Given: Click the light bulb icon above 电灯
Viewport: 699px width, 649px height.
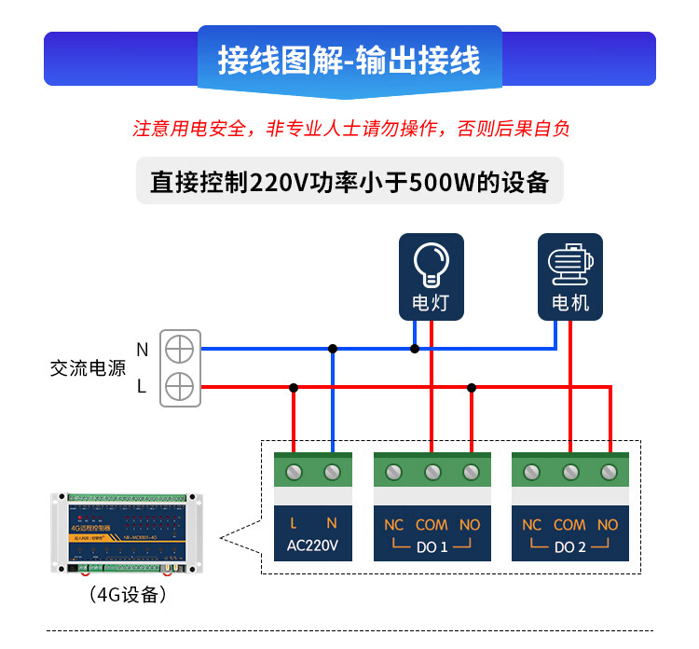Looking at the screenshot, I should coord(431,264).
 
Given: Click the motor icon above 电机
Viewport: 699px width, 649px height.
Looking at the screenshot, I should coord(569,264).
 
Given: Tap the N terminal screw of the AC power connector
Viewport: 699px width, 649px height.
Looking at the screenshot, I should coord(179,349).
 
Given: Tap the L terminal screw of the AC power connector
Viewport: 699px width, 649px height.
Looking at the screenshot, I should coord(179,385).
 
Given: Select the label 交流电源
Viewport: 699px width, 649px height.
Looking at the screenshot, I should coord(88,368).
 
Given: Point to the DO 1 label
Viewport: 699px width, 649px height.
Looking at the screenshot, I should coord(431,547).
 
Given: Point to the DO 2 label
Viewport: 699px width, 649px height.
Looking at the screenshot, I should coord(569,547).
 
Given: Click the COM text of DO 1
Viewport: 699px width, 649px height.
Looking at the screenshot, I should coord(432,525).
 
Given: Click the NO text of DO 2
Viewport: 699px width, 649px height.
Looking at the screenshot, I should coord(608,525).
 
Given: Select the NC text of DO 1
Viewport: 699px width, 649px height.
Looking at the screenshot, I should coord(394,525).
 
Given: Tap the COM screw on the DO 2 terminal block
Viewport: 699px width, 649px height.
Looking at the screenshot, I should coord(569,472).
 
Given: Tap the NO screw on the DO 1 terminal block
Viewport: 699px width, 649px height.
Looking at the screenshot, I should coord(471,472).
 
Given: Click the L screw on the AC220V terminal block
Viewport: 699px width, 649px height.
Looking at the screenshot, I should coord(294,472).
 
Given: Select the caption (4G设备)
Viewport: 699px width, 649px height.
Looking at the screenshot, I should coord(128,594).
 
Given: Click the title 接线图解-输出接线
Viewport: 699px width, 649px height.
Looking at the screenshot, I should coord(349,60).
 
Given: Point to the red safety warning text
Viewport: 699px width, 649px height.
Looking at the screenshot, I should coord(350,129).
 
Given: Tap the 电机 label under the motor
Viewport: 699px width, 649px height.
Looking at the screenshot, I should coord(570,303).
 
